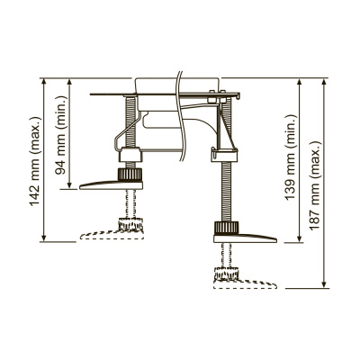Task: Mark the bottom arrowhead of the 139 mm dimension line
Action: pyautogui.click(x=301, y=240)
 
